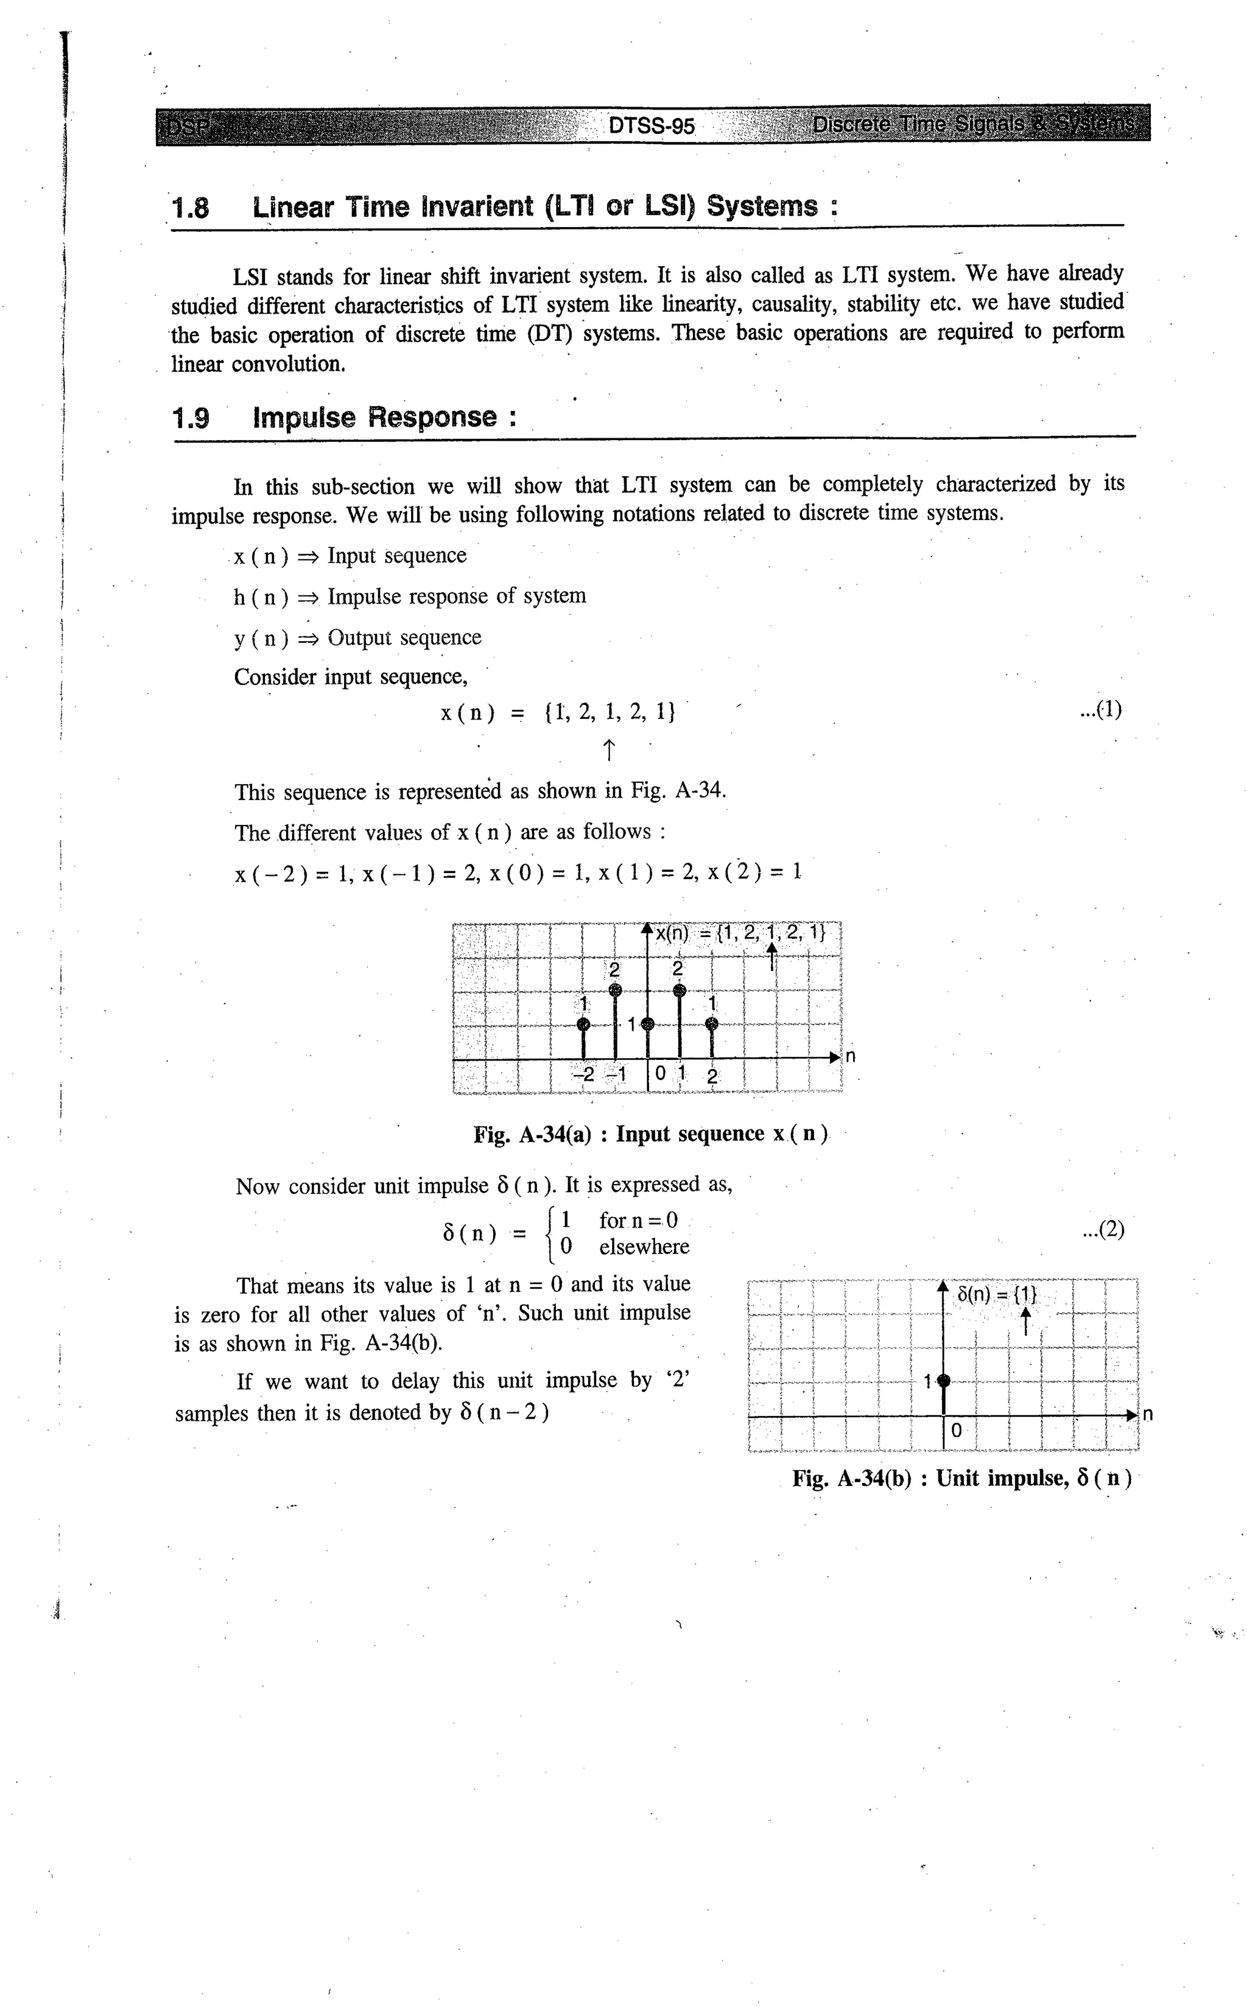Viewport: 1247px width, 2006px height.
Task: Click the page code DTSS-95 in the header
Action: tap(651, 126)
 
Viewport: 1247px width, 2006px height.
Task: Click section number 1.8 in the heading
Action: tap(191, 207)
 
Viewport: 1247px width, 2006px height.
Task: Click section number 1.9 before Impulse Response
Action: tap(191, 418)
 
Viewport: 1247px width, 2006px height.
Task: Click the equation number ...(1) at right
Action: tap(1101, 710)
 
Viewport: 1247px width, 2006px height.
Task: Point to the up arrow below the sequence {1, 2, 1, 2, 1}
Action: tap(608, 750)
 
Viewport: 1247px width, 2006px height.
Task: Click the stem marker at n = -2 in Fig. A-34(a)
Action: tap(583, 1024)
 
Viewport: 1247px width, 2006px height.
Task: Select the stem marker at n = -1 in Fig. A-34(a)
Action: tap(614, 991)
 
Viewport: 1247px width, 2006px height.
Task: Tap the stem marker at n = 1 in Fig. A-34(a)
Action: tap(679, 991)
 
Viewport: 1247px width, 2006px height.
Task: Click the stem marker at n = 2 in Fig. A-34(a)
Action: tap(712, 1024)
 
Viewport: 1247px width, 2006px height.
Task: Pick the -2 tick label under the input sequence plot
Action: tap(583, 1075)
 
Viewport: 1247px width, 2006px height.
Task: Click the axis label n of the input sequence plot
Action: tap(850, 1056)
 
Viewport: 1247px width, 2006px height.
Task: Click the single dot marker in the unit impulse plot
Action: tap(944, 1380)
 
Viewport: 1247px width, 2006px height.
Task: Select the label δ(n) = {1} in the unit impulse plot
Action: tap(996, 1294)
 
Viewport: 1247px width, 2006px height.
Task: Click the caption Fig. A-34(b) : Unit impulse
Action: tap(961, 1478)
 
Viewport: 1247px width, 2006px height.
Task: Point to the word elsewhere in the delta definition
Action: tap(644, 1247)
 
